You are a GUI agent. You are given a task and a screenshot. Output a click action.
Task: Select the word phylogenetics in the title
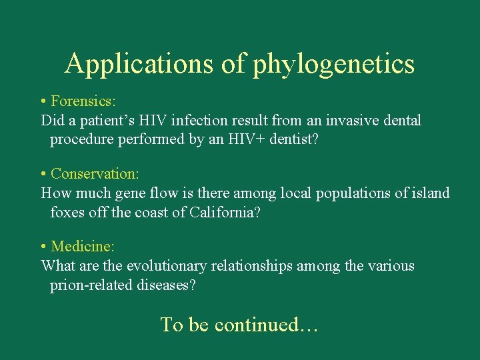[333, 65]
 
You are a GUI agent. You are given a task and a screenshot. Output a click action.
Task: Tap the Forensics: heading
[83, 101]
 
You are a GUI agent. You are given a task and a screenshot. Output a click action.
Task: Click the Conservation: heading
[95, 173]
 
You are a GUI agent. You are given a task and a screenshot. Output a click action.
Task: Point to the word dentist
[291, 140]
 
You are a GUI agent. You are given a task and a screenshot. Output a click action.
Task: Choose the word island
[430, 193]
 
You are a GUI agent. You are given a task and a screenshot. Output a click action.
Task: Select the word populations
[357, 193]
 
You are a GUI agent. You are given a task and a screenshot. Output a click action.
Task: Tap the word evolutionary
[167, 266]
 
